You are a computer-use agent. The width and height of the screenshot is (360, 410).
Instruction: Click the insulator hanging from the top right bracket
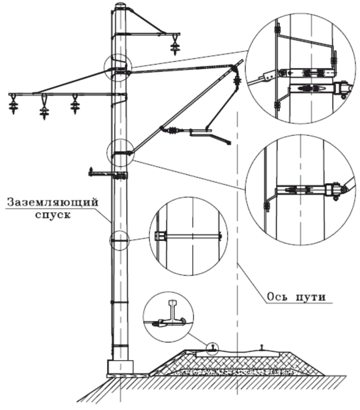pyautogui.click(x=174, y=45)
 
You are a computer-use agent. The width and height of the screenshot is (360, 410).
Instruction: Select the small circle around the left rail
pyautogui.click(x=213, y=347)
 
